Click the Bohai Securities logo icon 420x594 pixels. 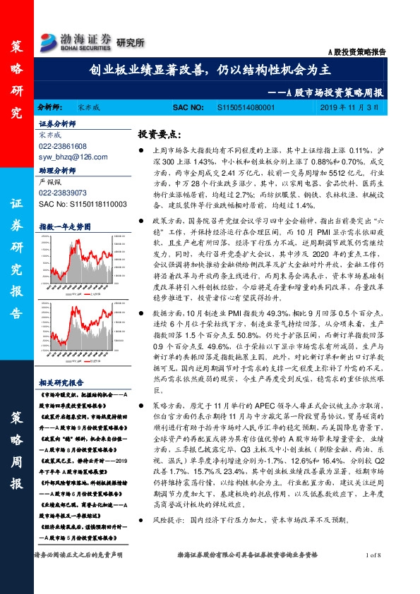[x=49, y=40]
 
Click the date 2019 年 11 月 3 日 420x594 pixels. [x=359, y=107]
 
